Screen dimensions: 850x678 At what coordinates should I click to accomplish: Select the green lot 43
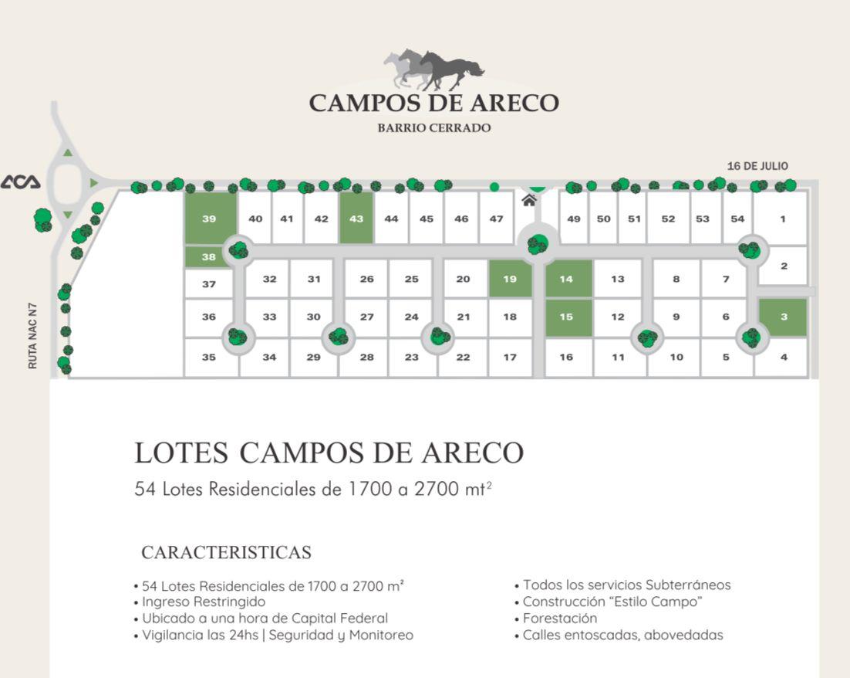tap(356, 219)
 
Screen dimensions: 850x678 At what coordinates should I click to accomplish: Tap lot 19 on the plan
tap(510, 279)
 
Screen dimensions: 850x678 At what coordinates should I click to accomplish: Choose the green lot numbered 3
tap(783, 317)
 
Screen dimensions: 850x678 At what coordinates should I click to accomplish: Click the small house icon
tap(529, 200)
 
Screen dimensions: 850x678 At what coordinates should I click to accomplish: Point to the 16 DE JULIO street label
tap(757, 166)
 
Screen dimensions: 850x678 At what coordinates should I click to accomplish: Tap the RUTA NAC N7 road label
tap(32, 336)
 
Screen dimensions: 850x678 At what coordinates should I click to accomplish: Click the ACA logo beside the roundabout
tap(21, 181)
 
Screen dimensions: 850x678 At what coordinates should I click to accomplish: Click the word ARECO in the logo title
tap(514, 103)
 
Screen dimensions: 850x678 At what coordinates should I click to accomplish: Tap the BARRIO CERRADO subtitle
tap(434, 128)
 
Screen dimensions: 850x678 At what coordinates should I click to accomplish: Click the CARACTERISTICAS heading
tap(227, 553)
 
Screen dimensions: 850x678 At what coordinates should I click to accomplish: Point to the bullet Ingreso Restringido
tap(200, 602)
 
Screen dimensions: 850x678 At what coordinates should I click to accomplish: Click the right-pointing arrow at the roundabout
tap(94, 183)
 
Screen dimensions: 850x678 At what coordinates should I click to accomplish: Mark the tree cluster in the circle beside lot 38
tap(238, 249)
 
